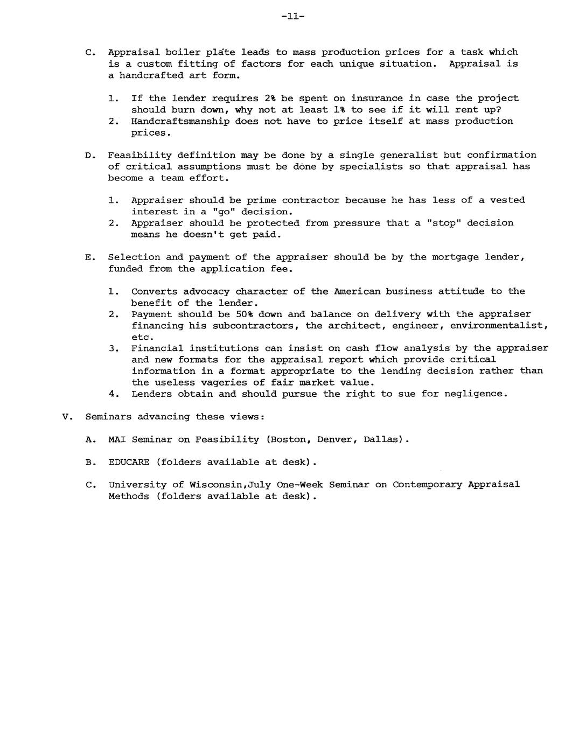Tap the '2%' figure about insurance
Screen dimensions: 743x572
click(x=270, y=98)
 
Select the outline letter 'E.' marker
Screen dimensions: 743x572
click(x=90, y=257)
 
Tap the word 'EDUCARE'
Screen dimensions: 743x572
click(x=129, y=462)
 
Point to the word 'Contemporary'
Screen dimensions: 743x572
click(x=427, y=485)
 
